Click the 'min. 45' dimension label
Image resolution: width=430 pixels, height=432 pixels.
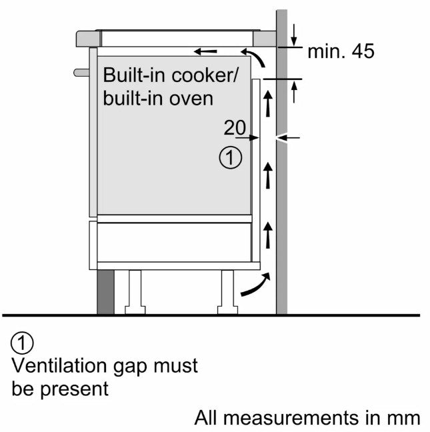tap(341, 52)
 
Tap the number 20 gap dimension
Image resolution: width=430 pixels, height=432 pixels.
tap(235, 127)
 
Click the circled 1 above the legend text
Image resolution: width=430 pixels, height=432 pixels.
tap(22, 344)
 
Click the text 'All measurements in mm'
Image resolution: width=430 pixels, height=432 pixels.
tap(307, 418)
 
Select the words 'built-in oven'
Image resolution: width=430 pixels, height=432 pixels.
tap(159, 98)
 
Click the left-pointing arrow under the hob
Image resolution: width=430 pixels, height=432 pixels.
tap(205, 51)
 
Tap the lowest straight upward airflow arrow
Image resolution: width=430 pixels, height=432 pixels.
tap(268, 235)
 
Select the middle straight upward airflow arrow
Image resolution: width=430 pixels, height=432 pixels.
tap(268, 176)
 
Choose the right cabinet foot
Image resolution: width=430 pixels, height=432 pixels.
tap(227, 291)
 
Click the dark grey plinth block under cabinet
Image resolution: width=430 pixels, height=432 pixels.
tap(106, 292)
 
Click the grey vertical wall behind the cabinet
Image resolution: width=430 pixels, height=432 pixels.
tap(281, 200)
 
